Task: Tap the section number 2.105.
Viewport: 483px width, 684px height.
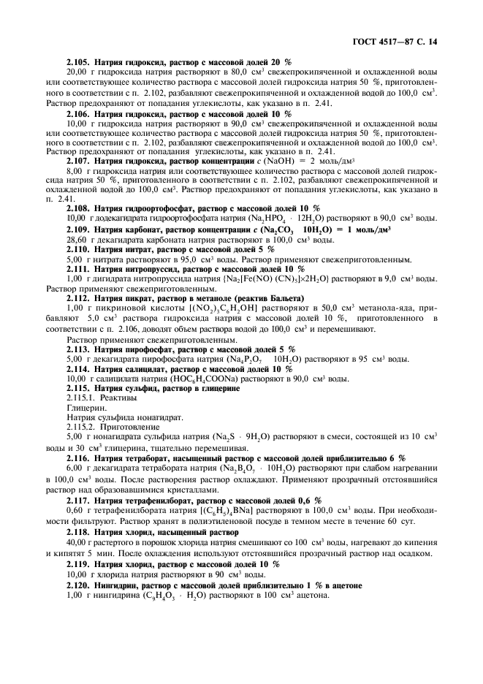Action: point(79,64)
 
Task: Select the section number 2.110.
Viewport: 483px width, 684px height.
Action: point(79,249)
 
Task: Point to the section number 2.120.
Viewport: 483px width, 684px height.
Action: point(79,586)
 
